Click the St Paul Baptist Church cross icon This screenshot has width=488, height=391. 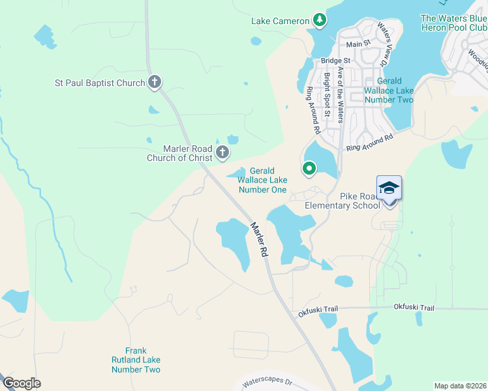point(155,82)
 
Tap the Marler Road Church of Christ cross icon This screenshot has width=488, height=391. point(222,152)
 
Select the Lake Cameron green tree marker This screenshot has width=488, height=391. point(319,21)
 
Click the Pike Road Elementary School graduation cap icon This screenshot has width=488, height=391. point(389,189)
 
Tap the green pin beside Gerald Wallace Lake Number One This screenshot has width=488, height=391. point(309,169)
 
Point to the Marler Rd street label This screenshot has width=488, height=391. point(259,239)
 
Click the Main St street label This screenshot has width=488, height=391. point(358,44)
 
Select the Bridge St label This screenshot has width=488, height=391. point(335,61)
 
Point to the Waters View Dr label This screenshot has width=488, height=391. point(384,46)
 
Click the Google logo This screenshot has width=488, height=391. point(22,383)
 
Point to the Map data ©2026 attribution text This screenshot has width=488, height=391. point(459,386)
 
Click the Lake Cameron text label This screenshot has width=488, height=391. point(280,21)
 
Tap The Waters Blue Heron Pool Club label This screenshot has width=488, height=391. point(454,23)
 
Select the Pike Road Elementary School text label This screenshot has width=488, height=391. point(343,201)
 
